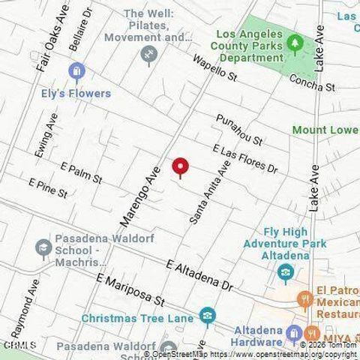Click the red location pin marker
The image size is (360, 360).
180,166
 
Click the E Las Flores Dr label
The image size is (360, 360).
245,159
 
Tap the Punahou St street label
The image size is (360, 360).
239,130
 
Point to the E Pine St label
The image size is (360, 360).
48,187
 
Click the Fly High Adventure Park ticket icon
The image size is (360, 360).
284,273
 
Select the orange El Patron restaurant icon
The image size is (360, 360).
304,298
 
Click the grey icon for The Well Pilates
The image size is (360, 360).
148,53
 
